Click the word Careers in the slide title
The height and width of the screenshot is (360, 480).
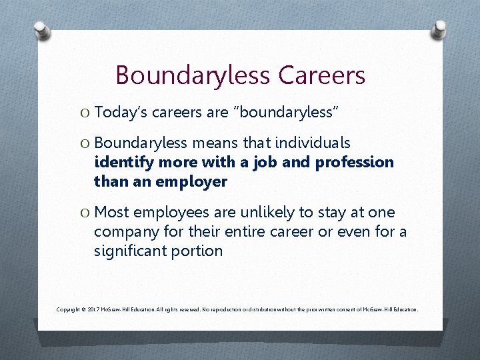pyautogui.click(x=322, y=75)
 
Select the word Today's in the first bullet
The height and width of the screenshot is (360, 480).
pyautogui.click(x=121, y=113)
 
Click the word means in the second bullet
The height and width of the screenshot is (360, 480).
pyautogui.click(x=213, y=143)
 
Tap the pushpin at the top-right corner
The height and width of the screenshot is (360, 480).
pyautogui.click(x=441, y=29)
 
